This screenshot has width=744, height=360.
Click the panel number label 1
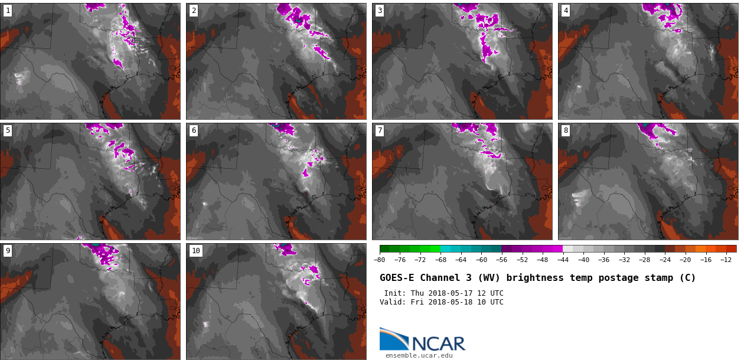click(8, 11)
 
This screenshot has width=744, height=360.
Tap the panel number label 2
click(194, 11)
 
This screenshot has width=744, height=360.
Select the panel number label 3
click(380, 11)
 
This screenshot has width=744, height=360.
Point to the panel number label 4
click(566, 11)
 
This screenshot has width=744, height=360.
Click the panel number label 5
click(8, 130)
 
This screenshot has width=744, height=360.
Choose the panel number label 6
click(194, 130)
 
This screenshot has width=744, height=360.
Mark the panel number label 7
click(380, 130)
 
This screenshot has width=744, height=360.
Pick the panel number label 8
click(566, 130)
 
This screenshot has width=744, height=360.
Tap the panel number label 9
click(8, 251)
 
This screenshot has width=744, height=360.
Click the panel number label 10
click(196, 251)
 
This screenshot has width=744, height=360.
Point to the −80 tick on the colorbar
click(380, 260)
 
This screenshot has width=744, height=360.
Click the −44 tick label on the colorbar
click(563, 260)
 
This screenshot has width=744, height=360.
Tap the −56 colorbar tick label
click(502, 260)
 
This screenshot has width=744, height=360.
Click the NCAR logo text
click(438, 343)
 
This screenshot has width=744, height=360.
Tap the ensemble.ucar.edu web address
click(419, 355)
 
